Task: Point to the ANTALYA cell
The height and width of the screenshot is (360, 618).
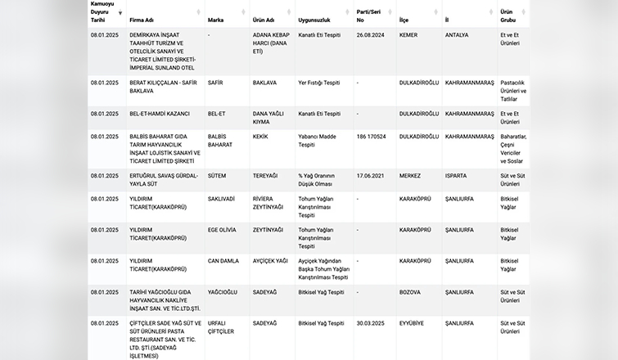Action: click(457, 35)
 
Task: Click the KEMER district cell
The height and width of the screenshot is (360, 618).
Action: click(408, 35)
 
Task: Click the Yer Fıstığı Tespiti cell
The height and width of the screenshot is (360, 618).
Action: click(319, 83)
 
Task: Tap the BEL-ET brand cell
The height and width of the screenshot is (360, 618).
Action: click(218, 114)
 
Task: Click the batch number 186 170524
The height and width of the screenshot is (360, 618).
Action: click(372, 137)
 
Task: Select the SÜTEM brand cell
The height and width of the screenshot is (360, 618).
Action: click(217, 176)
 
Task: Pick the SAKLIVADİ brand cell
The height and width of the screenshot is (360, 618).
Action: click(222, 199)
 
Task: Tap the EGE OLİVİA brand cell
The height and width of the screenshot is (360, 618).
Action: click(223, 230)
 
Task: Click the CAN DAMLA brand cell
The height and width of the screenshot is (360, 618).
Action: click(223, 261)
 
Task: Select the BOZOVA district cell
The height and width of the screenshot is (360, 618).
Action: click(409, 292)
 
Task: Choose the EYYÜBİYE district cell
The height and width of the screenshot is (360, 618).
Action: click(412, 323)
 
